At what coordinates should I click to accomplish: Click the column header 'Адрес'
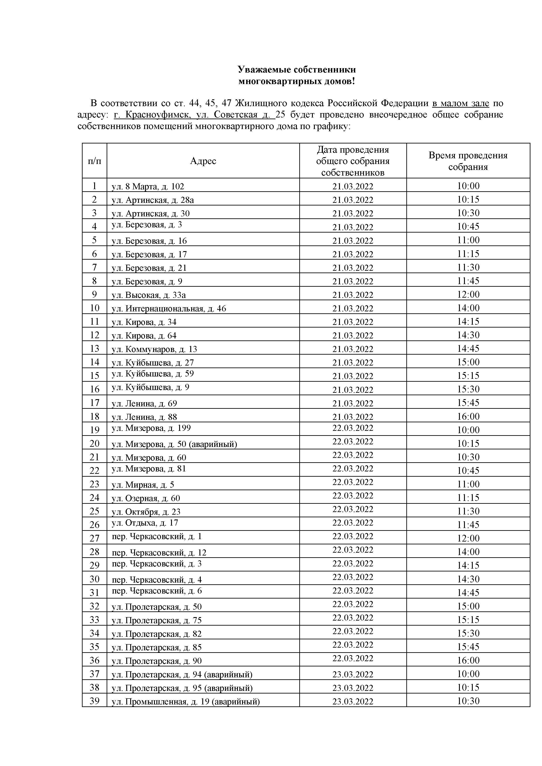pos(203,161)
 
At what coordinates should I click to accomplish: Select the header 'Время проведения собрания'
pos(468,161)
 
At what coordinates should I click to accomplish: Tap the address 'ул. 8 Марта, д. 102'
pos(148,186)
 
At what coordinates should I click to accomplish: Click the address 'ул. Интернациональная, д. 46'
pos(169,309)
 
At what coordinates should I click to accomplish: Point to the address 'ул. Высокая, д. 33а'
pos(149,295)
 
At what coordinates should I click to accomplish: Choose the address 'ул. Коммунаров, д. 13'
pos(154,349)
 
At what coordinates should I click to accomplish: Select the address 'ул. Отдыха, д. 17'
pos(145,523)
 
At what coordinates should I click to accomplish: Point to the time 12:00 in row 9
pos(468,295)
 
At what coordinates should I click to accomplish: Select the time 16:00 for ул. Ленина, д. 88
pos(468,417)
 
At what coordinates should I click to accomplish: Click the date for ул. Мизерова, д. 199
pos(353,428)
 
